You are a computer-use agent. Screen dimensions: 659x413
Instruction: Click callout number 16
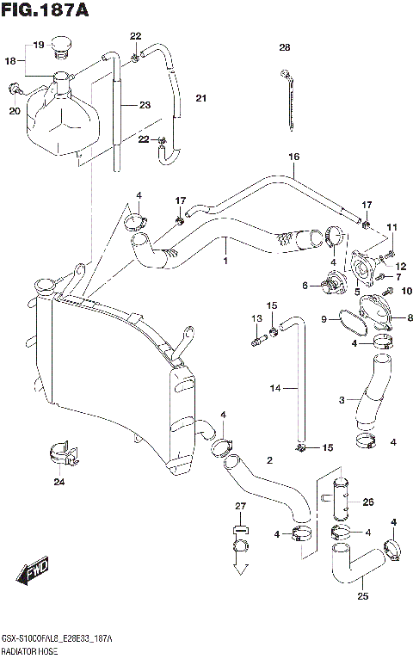pyautogui.click(x=293, y=157)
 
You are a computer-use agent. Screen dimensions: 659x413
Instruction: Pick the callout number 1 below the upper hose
pyautogui.click(x=225, y=262)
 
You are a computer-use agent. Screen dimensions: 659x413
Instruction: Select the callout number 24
pyautogui.click(x=59, y=481)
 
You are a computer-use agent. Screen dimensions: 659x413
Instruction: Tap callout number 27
pyautogui.click(x=241, y=506)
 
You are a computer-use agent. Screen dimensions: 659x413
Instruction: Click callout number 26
pyautogui.click(x=368, y=502)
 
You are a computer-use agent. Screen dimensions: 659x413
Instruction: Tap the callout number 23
pyautogui.click(x=145, y=105)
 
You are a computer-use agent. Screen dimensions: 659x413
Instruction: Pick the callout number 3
pyautogui.click(x=342, y=400)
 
